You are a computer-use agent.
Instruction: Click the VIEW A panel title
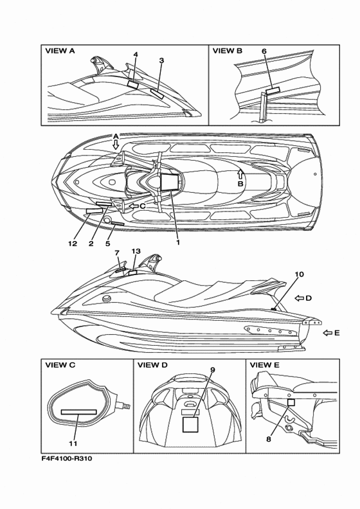(60, 51)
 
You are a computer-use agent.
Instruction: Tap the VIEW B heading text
(227, 51)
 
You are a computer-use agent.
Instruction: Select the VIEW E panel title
(265, 365)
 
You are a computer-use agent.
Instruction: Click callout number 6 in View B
(264, 51)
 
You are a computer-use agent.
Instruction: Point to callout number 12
(73, 243)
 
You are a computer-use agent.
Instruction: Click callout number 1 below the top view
(177, 242)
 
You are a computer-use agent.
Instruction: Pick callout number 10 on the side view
(300, 274)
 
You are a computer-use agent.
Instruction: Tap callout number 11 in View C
(73, 443)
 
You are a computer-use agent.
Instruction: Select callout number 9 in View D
(213, 370)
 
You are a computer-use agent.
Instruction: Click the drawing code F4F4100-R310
(67, 458)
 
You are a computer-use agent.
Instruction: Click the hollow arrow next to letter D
(299, 298)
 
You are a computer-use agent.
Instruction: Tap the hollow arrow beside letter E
(328, 333)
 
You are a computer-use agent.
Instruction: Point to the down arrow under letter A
(116, 145)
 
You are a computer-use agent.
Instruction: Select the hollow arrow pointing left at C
(134, 206)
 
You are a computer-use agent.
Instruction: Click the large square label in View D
(190, 425)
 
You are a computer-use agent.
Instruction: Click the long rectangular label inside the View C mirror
(79, 412)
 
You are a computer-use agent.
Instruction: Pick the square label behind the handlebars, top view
(170, 182)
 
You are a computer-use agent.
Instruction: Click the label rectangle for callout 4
(132, 84)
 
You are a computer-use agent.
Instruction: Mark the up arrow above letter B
(240, 174)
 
